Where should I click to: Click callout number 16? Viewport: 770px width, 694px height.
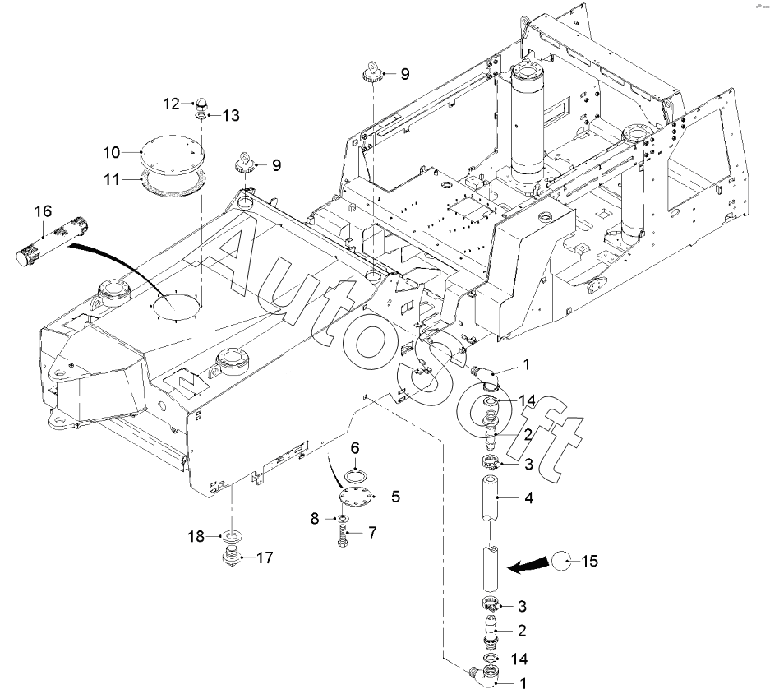pyautogui.click(x=44, y=211)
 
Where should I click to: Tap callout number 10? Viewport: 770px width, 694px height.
pyautogui.click(x=112, y=152)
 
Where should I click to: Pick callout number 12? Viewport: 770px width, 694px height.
pyautogui.click(x=172, y=104)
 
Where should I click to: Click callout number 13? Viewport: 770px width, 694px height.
pyautogui.click(x=231, y=115)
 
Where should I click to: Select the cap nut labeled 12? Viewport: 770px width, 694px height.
pyautogui.click(x=202, y=104)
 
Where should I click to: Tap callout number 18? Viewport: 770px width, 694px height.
pyautogui.click(x=196, y=536)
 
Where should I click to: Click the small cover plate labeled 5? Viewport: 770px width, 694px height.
pyautogui.click(x=357, y=497)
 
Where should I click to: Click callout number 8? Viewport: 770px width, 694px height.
pyautogui.click(x=315, y=519)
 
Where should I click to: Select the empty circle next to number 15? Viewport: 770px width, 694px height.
pyautogui.click(x=561, y=561)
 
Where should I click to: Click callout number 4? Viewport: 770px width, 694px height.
pyautogui.click(x=528, y=498)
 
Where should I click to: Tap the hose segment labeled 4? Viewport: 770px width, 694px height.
pyautogui.click(x=490, y=498)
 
